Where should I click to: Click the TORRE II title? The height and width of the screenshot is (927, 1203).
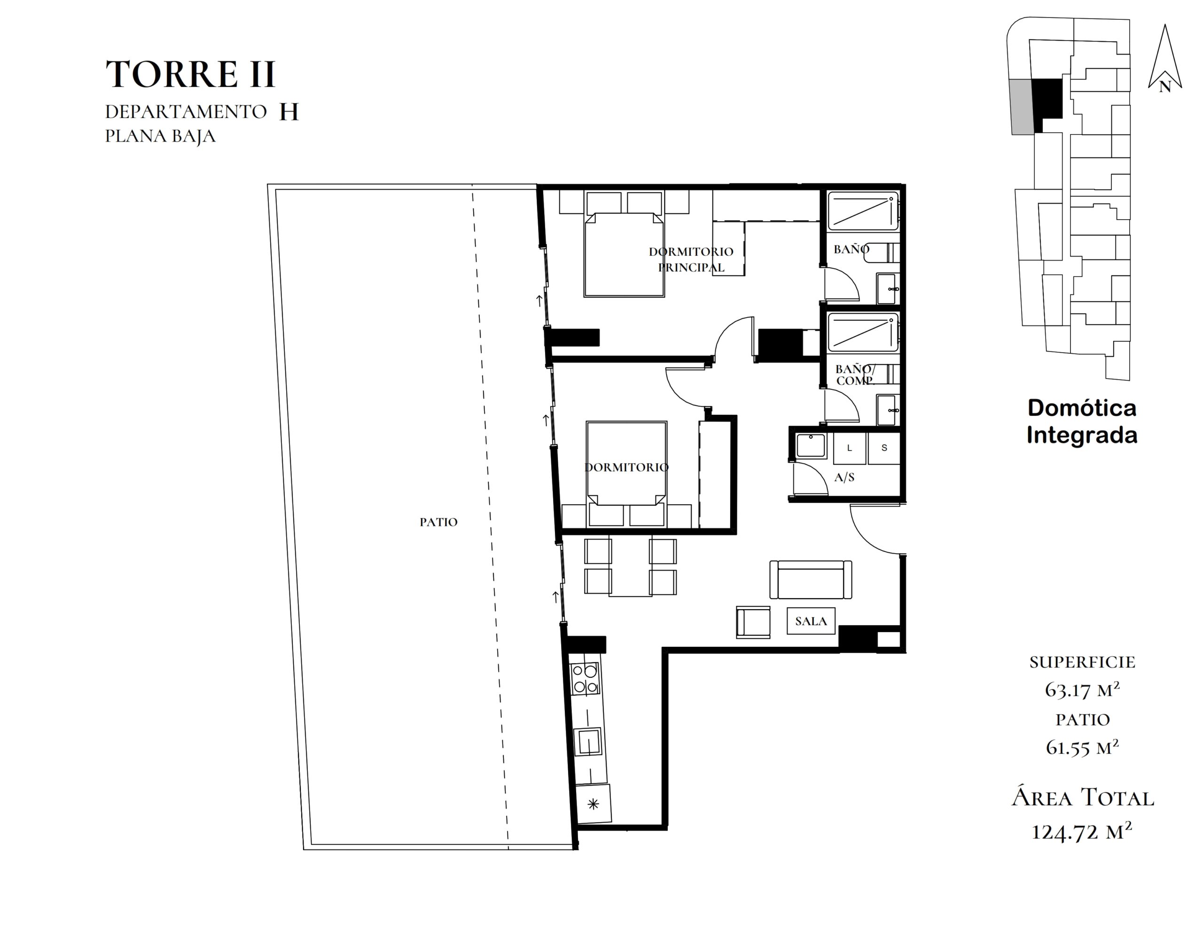click(x=190, y=74)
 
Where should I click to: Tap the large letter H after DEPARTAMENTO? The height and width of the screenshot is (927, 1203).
click(x=289, y=112)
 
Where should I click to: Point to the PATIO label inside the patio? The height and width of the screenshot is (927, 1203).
click(x=438, y=522)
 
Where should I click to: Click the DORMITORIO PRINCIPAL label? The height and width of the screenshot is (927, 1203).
click(x=691, y=260)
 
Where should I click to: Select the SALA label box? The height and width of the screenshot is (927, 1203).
click(x=811, y=621)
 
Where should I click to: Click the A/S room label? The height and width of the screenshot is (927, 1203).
click(x=844, y=477)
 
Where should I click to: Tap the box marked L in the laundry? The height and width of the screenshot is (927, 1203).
click(x=849, y=448)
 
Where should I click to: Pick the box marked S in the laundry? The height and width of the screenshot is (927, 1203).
click(x=884, y=448)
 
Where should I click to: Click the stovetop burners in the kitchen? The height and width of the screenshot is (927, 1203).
click(x=585, y=679)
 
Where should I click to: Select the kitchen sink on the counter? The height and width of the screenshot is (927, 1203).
click(x=588, y=742)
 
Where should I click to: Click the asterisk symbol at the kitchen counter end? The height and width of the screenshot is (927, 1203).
click(x=593, y=804)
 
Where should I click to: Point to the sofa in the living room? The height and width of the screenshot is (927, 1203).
click(x=811, y=580)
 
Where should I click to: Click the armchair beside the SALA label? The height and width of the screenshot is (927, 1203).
click(x=753, y=623)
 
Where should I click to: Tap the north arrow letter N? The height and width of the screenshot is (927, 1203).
click(x=1164, y=87)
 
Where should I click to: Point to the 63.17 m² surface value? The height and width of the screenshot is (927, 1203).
click(x=1082, y=690)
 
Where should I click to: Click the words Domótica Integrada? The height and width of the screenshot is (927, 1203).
click(x=1082, y=421)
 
